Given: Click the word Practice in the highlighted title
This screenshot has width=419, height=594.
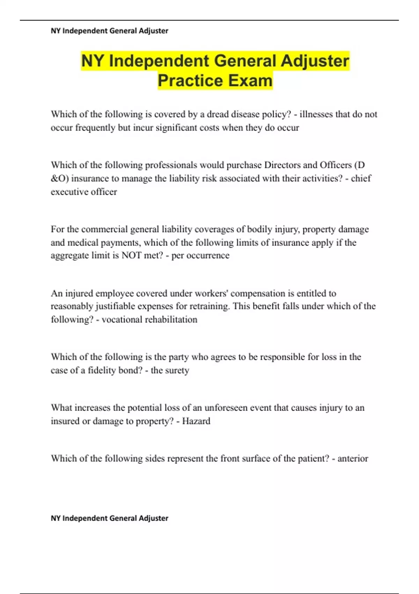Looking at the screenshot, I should click(185, 80).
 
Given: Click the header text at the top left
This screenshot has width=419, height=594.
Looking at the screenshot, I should click(109, 31).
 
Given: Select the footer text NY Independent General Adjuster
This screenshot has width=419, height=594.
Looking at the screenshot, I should click(109, 518).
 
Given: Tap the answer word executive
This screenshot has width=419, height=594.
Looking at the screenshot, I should click(69, 192).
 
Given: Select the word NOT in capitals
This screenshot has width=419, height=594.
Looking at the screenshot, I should click(132, 255).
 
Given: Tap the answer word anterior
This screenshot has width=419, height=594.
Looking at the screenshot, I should click(353, 458).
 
